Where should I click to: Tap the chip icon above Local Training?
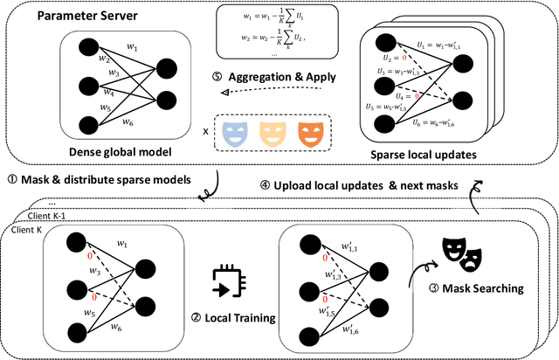(x=224, y=281)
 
